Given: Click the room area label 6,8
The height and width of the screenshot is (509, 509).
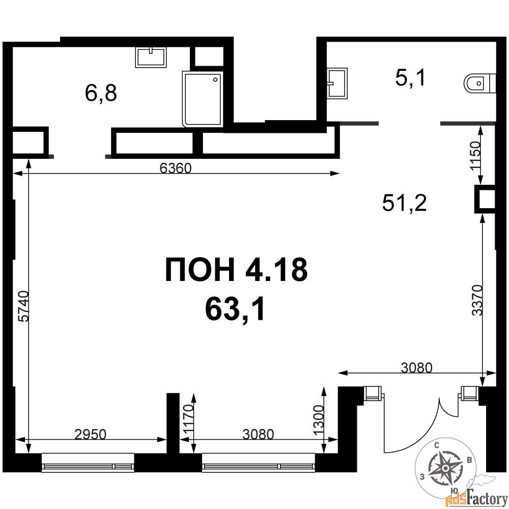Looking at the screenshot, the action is pyautogui.click(x=101, y=93).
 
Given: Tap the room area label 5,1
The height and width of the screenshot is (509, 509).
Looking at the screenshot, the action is pyautogui.click(x=410, y=78).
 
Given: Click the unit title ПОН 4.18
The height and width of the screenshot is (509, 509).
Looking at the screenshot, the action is pyautogui.click(x=236, y=269).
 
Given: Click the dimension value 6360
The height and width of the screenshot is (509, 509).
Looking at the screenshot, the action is pyautogui.click(x=176, y=168).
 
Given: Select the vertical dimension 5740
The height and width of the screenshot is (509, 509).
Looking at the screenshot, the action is pyautogui.click(x=24, y=306).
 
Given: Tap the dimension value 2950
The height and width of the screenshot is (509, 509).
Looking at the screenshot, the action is pyautogui.click(x=90, y=434).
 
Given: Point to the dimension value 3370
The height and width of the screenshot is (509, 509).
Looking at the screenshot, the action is pyautogui.click(x=477, y=300).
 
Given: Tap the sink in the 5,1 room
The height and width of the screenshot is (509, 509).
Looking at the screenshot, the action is pyautogui.click(x=337, y=83).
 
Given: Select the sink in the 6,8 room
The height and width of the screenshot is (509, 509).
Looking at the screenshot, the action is pyautogui.click(x=151, y=57).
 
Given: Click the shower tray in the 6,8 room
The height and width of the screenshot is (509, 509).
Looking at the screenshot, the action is pyautogui.click(x=203, y=99).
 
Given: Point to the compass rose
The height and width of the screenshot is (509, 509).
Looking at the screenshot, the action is pyautogui.click(x=446, y=467).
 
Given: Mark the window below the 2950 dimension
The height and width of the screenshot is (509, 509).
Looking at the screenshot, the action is pyautogui.click(x=88, y=462).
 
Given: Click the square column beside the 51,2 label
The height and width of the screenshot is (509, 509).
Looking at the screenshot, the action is pyautogui.click(x=485, y=199).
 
